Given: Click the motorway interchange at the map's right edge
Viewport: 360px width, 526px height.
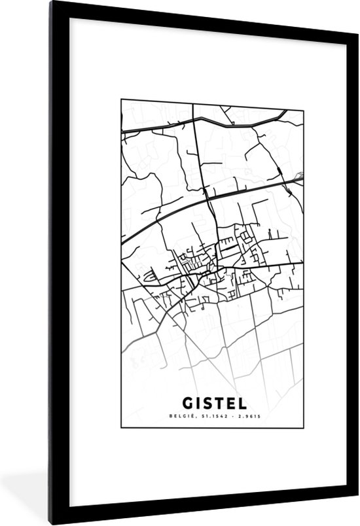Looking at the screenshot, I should coord(299,175).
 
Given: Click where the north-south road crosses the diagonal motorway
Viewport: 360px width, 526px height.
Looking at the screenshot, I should coord(207,196).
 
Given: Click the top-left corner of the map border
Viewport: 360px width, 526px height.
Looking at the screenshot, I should coord(121,100).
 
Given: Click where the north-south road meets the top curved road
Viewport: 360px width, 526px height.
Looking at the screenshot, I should coord(197,122).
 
